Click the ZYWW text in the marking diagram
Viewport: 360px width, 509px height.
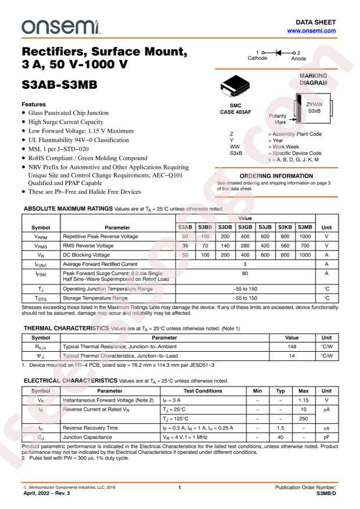pyautogui.click(x=315, y=104)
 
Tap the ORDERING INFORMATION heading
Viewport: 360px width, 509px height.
pyautogui.click(x=276, y=176)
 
